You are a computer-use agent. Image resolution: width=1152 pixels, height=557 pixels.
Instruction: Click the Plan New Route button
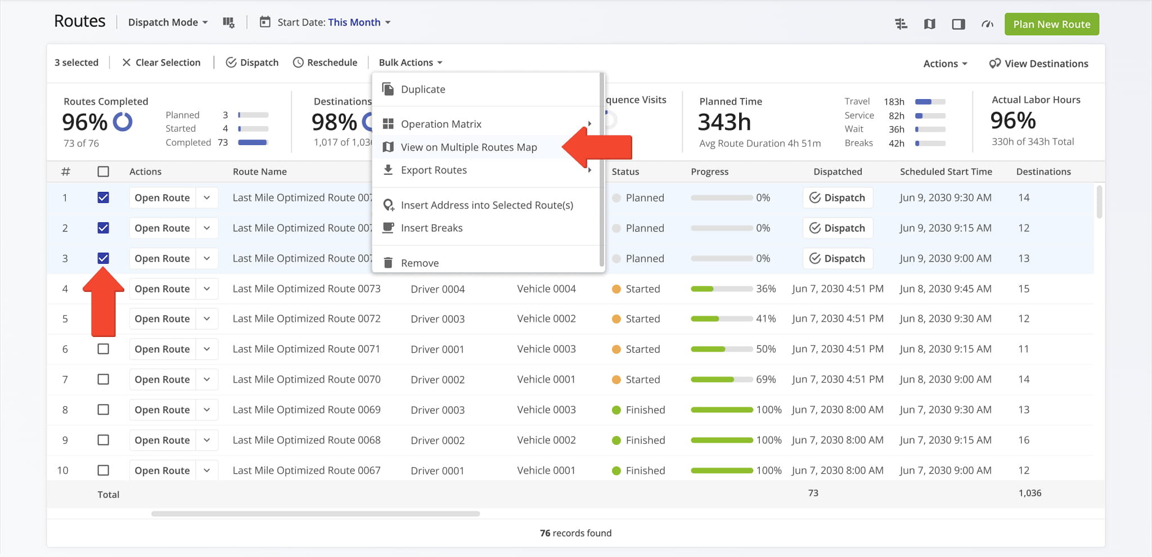click(x=1051, y=24)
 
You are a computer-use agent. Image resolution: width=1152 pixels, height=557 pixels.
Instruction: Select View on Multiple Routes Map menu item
click(x=469, y=147)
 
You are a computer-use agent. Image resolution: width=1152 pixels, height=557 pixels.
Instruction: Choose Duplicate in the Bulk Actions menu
click(x=422, y=89)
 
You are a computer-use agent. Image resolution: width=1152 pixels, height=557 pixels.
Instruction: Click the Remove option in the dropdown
click(x=419, y=263)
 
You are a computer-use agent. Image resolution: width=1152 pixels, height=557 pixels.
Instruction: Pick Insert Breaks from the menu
click(x=431, y=228)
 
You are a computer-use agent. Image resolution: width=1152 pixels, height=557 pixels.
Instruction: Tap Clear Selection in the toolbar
click(x=161, y=62)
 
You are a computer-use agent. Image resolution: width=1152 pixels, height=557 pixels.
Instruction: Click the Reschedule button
click(x=325, y=62)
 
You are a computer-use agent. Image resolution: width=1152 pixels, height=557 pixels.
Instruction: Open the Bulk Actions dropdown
click(x=410, y=62)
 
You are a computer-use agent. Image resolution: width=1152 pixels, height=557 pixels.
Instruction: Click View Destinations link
click(x=1038, y=64)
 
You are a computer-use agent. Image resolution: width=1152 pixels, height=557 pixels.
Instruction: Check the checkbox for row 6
click(x=103, y=349)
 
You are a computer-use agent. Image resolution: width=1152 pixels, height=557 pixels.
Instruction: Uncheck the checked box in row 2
click(x=103, y=228)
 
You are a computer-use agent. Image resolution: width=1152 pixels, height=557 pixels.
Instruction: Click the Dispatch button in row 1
click(x=837, y=197)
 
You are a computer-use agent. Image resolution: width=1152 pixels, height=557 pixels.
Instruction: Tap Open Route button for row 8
click(x=162, y=410)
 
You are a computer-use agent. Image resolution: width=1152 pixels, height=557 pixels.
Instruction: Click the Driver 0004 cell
click(x=438, y=289)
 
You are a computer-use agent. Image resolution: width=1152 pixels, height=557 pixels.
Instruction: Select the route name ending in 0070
click(x=307, y=379)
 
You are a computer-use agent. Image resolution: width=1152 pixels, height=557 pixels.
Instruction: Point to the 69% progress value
click(x=766, y=379)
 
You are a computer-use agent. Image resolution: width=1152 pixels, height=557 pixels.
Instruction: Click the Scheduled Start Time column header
click(x=946, y=172)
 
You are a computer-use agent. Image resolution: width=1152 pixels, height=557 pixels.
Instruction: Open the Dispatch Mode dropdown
click(x=168, y=23)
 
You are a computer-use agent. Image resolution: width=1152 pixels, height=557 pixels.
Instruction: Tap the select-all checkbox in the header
click(x=103, y=172)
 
